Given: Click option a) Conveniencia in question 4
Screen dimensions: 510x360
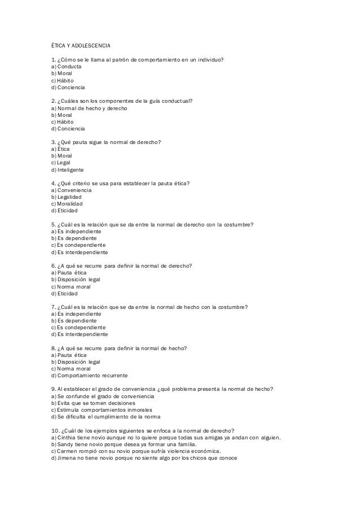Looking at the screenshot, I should pyautogui.click(x=71, y=190).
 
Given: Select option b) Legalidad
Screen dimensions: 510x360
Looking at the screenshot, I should pyautogui.click(x=67, y=197).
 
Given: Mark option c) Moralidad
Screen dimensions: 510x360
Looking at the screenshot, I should pyautogui.click(x=67, y=204).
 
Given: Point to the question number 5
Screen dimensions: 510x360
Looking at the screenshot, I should pyautogui.click(x=53, y=225).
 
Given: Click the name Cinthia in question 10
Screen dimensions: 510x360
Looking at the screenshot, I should pyautogui.click(x=66, y=438).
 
